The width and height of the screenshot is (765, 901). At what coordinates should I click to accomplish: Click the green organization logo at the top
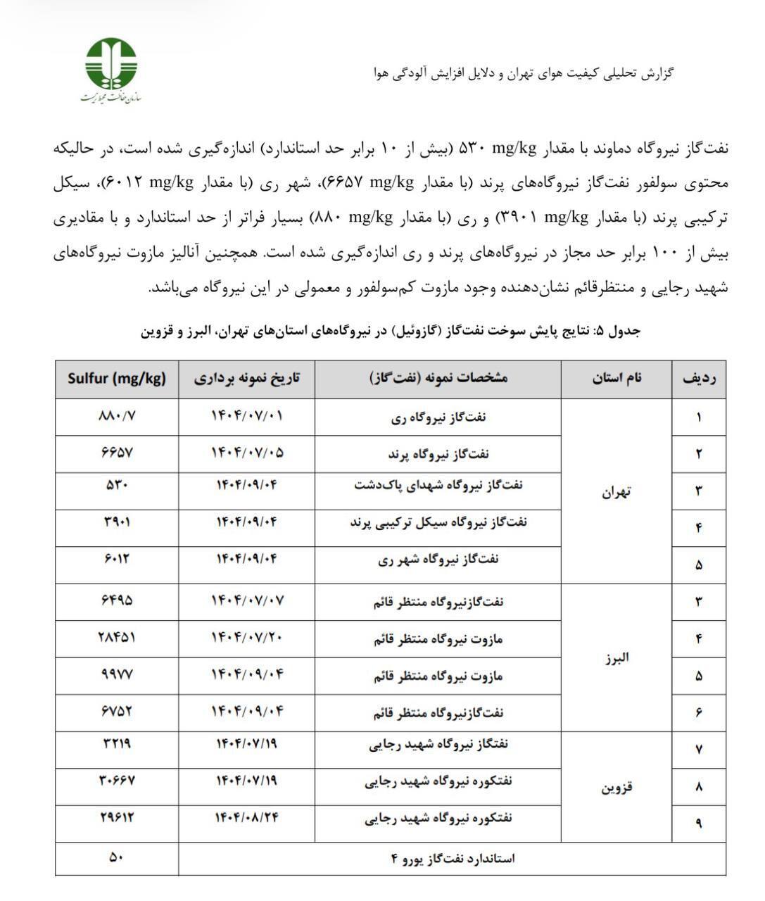111,64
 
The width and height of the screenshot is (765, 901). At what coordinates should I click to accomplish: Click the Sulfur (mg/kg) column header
117,378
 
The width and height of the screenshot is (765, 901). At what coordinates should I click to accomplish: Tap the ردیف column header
699,378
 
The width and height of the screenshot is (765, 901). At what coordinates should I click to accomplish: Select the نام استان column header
617,378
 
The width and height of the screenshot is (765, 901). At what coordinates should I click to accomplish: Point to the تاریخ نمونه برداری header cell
246,378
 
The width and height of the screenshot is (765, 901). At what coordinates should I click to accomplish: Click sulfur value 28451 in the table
117,637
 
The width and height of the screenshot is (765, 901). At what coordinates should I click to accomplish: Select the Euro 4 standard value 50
117,857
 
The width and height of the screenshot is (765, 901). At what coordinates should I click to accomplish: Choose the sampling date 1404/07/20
246,637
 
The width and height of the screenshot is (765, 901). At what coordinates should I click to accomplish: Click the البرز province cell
617,657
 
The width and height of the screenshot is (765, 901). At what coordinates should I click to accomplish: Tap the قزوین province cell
617,787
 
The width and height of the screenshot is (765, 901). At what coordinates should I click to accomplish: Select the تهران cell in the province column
617,491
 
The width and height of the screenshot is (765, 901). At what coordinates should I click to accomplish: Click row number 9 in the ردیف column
699,822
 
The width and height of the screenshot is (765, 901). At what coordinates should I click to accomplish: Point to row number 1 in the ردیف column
699,417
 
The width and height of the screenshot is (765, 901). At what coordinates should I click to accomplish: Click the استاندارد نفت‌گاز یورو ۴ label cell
453,858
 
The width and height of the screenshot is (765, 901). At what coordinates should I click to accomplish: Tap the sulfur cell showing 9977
117,674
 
